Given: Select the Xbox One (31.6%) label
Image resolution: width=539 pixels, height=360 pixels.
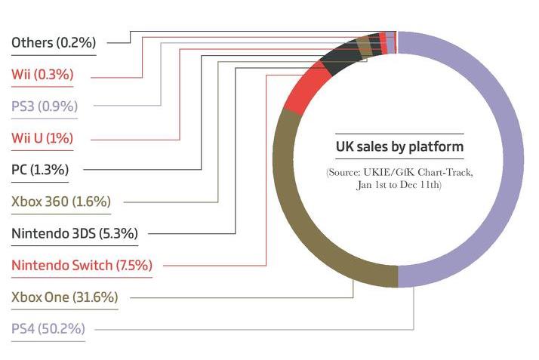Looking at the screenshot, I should [x=64, y=297].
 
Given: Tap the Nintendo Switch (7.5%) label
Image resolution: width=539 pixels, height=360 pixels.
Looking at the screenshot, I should [x=82, y=265].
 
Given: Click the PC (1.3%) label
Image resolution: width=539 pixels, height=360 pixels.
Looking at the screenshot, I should [x=40, y=169].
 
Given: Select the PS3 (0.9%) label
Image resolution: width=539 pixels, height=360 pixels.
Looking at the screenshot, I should [x=45, y=106].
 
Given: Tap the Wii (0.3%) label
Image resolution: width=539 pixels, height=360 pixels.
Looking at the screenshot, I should [x=42, y=74].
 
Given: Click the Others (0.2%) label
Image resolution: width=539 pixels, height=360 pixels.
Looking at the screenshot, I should [x=54, y=42].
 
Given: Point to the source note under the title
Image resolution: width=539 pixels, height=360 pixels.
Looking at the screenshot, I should [x=399, y=179].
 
